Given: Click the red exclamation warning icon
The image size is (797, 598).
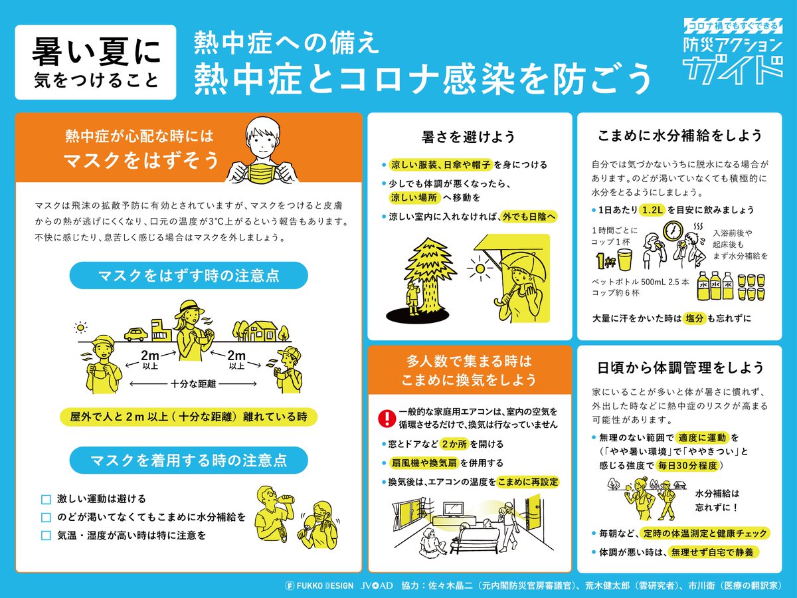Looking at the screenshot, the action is click(387, 419).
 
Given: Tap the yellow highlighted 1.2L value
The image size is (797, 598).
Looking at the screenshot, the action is click(652, 209).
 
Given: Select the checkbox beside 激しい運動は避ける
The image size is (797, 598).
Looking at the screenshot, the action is click(46, 499).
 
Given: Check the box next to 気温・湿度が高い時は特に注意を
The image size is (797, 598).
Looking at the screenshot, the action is click(46, 536).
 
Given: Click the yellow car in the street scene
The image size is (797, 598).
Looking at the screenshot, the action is click(135, 334).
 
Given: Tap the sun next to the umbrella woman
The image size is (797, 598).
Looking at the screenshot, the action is click(480, 268).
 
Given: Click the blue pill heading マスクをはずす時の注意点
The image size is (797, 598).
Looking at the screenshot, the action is click(189, 276).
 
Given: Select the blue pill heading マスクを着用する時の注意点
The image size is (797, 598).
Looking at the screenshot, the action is click(189, 460).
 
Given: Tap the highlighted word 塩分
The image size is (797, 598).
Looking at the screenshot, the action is click(694, 318).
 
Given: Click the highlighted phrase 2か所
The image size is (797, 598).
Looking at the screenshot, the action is click(454, 444).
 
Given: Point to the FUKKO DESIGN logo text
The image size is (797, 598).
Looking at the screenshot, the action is click(319, 585).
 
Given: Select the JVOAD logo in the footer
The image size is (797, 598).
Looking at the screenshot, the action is click(377, 585).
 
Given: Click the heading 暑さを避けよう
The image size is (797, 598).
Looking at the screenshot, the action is click(468, 137).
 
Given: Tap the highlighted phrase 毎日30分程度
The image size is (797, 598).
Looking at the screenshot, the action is click(687, 465).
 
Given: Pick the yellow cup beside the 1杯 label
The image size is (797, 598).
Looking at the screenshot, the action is click(625, 259).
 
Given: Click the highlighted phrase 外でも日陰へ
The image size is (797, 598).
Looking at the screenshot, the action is click(529, 217).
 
